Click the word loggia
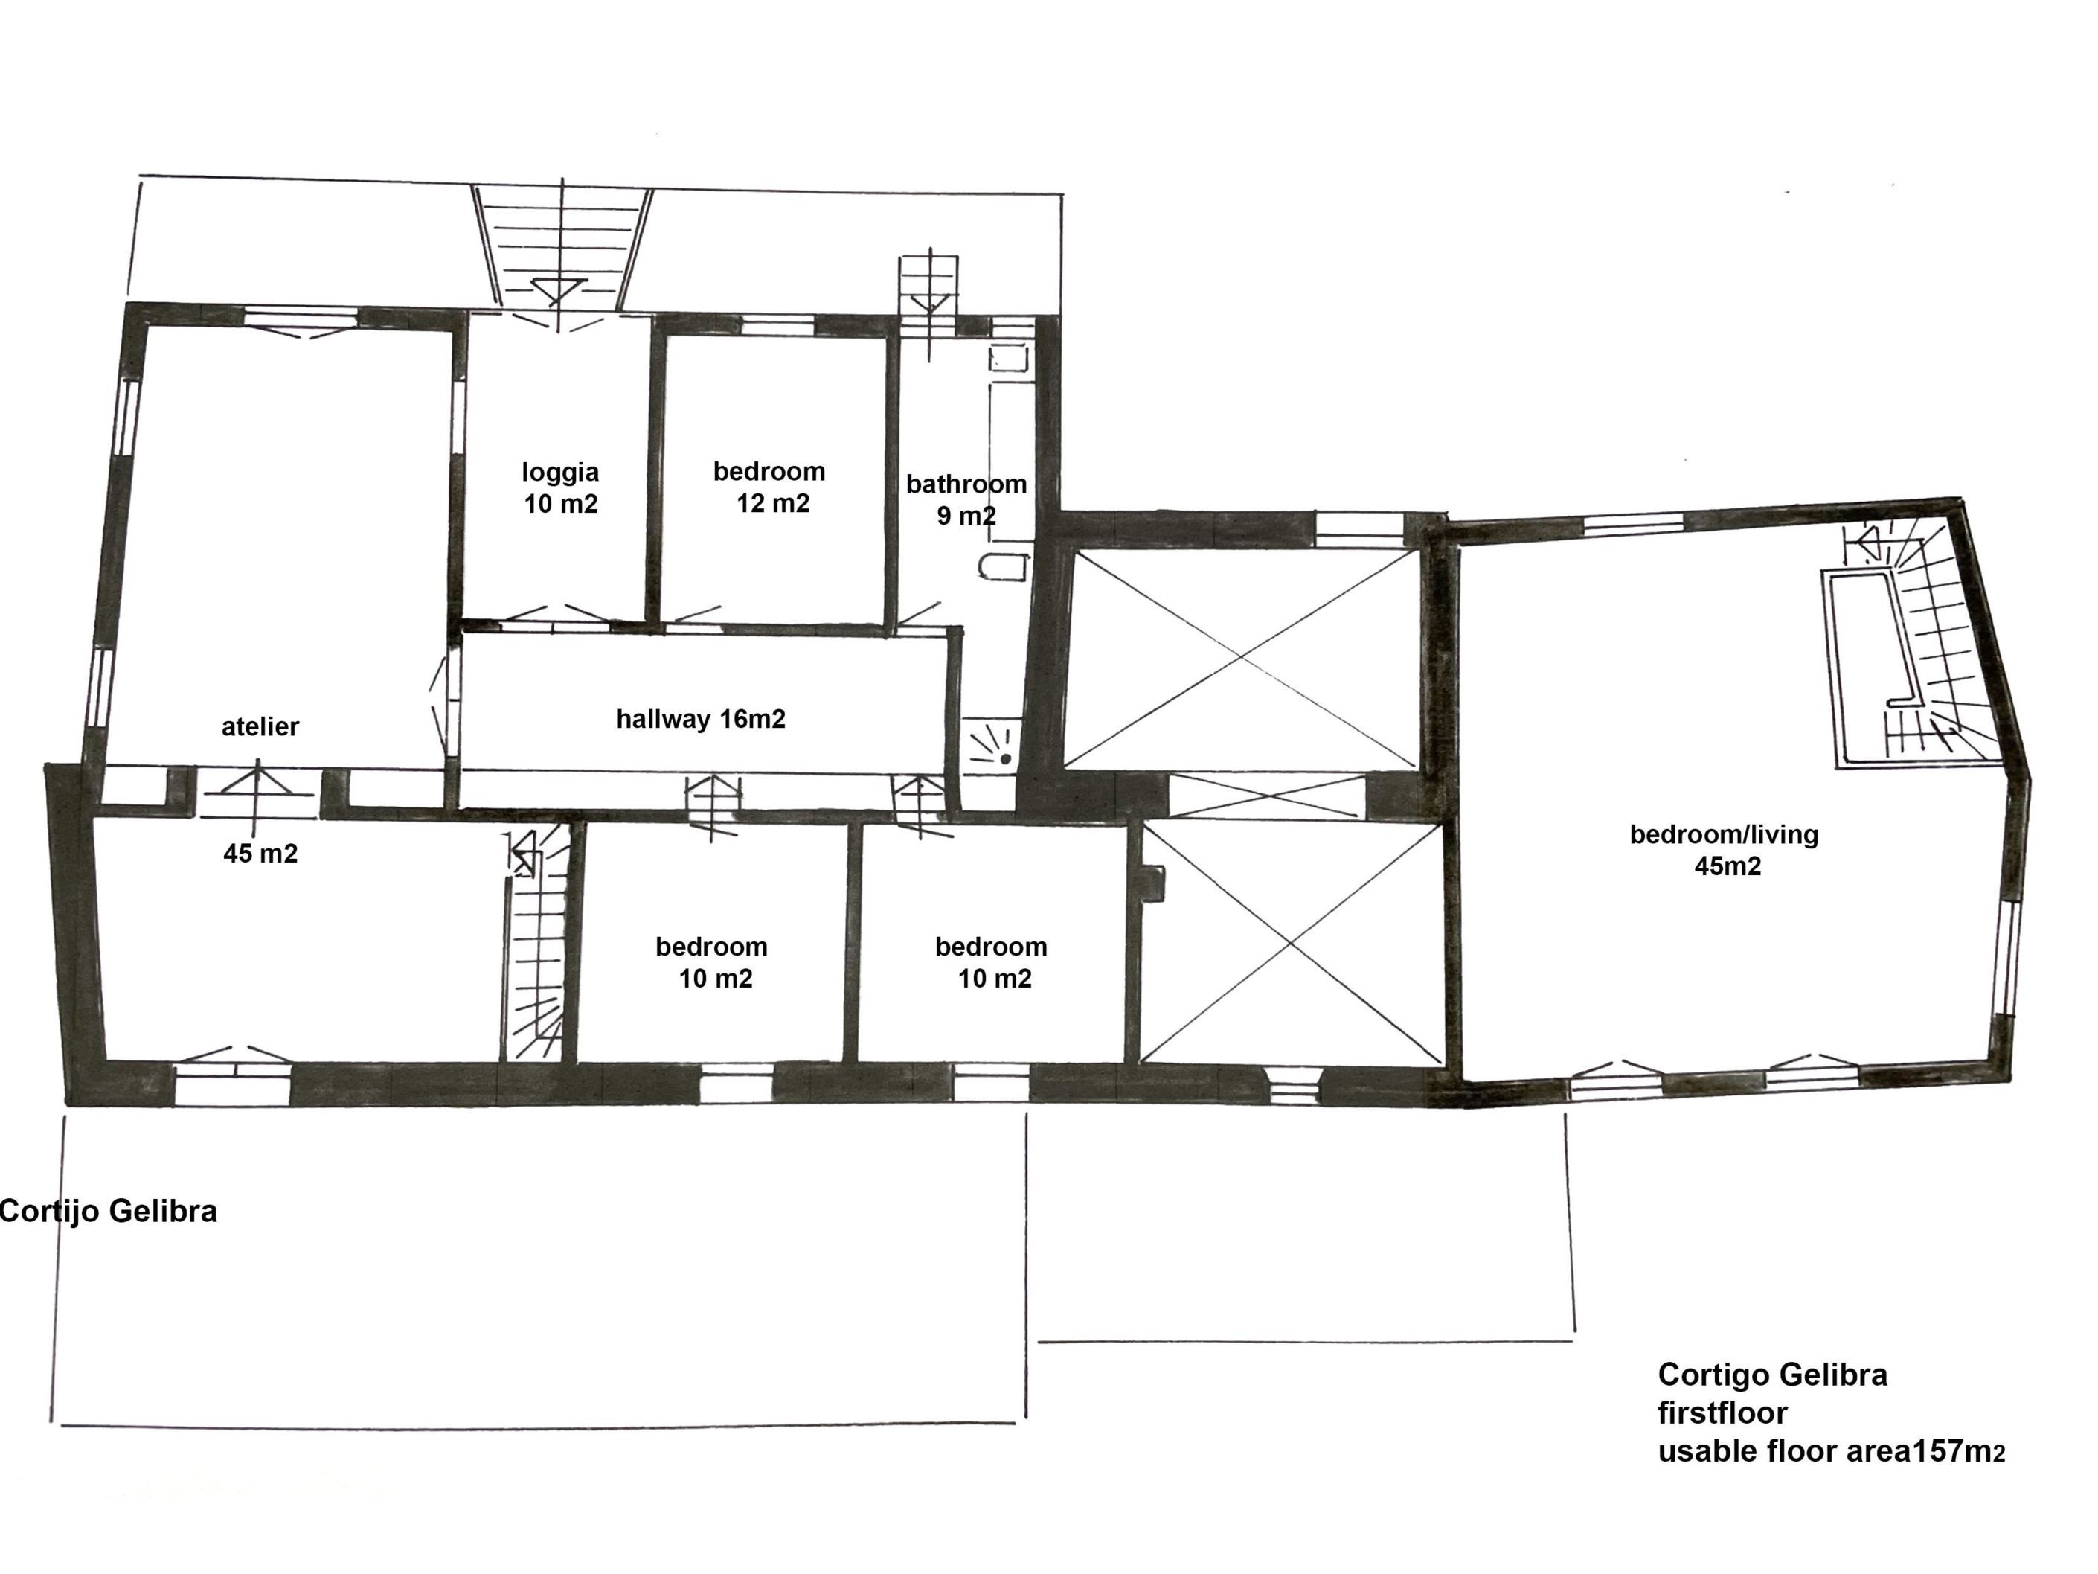pyautogui.click(x=559, y=473)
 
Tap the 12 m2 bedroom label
pyautogui.click(x=769, y=487)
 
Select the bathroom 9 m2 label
pyautogui.click(x=966, y=500)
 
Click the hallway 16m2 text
pyautogui.click(x=701, y=719)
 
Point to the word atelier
pyautogui.click(x=260, y=727)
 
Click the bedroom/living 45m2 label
pyautogui.click(x=1725, y=850)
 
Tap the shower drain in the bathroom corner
pyautogui.click(x=1005, y=758)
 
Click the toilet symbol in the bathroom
pyautogui.click(x=1004, y=567)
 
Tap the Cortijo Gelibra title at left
pyautogui.click(x=108, y=1212)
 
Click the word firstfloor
pyautogui.click(x=1722, y=1413)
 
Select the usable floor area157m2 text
pyautogui.click(x=1830, y=1452)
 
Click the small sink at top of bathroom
pyautogui.click(x=1009, y=359)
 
